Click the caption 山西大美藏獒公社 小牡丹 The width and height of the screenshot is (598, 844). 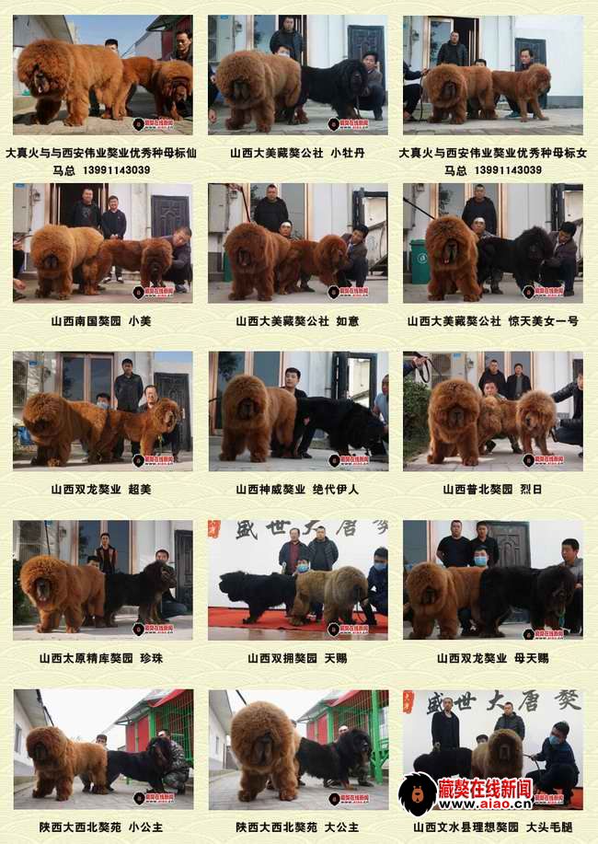[x=297, y=153]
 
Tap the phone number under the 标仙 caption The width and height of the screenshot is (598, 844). [x=102, y=170]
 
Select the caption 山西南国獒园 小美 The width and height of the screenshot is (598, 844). [x=101, y=321]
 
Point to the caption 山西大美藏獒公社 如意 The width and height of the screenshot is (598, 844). [x=297, y=321]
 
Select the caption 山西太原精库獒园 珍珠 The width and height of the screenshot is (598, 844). [x=101, y=658]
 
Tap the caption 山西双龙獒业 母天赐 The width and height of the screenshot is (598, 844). [x=492, y=658]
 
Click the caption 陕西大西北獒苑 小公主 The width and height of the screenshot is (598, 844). [x=101, y=827]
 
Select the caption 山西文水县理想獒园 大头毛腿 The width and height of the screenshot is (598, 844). [x=492, y=827]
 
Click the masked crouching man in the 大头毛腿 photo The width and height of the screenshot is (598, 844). [x=556, y=759]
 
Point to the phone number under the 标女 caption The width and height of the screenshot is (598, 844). [x=492, y=170]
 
